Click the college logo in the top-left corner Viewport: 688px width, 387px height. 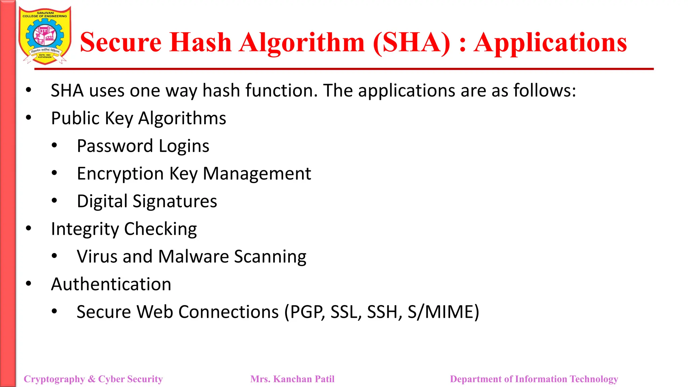coord(45,35)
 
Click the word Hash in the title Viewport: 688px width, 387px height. coord(201,43)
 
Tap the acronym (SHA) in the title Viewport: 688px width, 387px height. coord(412,43)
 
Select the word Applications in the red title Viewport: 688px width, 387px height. coord(550,43)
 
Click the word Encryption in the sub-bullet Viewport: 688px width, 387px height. coord(120,174)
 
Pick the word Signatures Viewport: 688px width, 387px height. coord(175,202)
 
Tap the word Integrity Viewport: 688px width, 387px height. coord(85,229)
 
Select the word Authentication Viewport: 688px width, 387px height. coord(111,284)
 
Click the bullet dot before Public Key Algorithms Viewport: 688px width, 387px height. coord(29,118)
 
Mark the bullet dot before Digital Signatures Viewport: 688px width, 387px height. coord(54,201)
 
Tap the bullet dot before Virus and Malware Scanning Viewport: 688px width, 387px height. coord(54,256)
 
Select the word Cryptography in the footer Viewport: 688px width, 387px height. coord(54,379)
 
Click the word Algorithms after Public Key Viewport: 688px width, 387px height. coord(182,119)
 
